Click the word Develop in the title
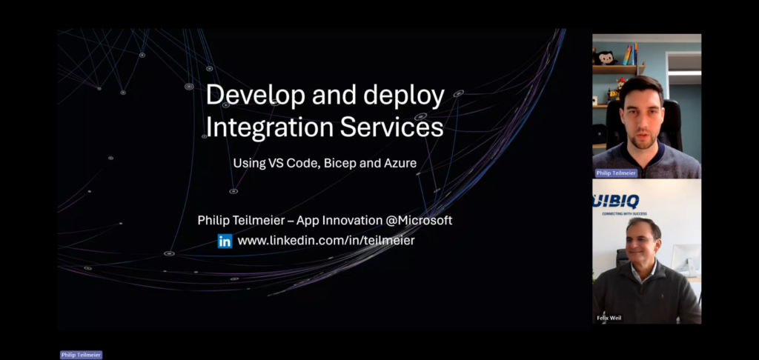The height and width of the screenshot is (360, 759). coord(256,96)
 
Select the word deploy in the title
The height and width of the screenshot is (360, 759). coord(404,96)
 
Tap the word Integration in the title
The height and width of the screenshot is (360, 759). coord(269,127)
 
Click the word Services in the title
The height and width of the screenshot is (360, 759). coord(391,127)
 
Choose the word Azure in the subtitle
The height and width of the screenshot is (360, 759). coord(402,163)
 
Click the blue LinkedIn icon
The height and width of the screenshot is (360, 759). coord(225,241)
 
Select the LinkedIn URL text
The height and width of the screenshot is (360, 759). coord(326,241)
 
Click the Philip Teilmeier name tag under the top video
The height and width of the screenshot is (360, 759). coord(616,173)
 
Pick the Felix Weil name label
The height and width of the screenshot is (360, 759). coord(609,318)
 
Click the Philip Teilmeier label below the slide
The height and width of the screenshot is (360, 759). coord(81,355)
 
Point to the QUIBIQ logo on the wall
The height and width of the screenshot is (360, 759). coord(616,201)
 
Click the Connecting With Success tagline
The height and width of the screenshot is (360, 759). coord(624,213)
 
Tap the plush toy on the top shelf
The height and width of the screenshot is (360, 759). coord(606,58)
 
